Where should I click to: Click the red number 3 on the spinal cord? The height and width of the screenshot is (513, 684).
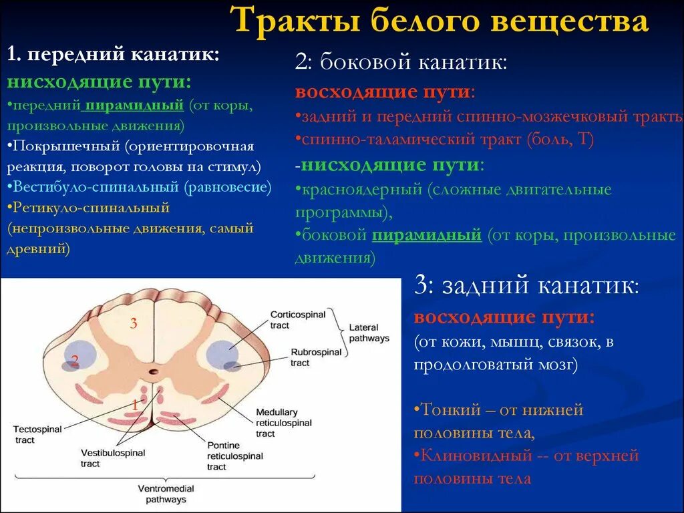[134, 324]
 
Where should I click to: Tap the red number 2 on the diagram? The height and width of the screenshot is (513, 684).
[75, 361]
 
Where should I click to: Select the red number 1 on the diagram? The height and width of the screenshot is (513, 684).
[134, 404]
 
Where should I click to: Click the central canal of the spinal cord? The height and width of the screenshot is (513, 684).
[154, 371]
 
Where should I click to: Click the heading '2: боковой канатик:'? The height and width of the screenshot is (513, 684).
[401, 64]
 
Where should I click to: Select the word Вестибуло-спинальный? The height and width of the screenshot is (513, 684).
[93, 187]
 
